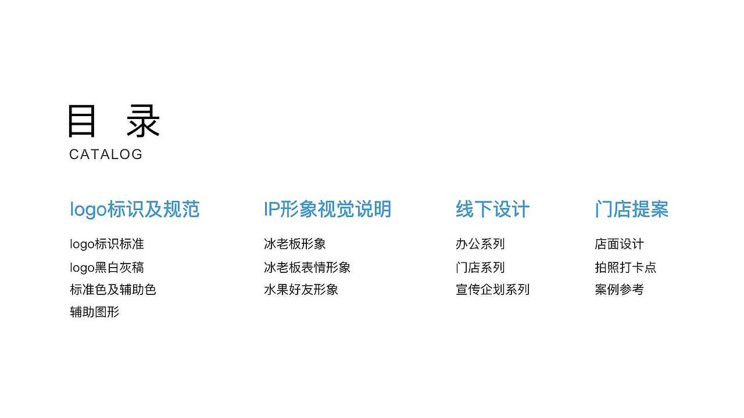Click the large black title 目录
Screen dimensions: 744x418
click(x=113, y=121)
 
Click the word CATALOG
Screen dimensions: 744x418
click(x=106, y=154)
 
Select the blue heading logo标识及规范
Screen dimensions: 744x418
click(x=134, y=210)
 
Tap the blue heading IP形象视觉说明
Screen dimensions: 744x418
click(x=327, y=210)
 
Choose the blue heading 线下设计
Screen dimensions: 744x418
click(x=492, y=210)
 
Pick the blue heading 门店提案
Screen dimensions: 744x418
click(x=631, y=210)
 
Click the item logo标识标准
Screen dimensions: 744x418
click(x=107, y=244)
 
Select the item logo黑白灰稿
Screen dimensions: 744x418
click(x=107, y=268)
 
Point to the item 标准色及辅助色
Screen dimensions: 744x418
click(x=113, y=290)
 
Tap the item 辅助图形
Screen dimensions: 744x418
click(x=94, y=312)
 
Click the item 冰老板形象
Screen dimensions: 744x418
click(x=295, y=244)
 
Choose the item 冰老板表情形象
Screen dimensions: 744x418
click(x=307, y=268)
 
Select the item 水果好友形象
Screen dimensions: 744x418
click(x=301, y=290)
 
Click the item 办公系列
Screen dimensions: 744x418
click(x=480, y=244)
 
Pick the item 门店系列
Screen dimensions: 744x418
click(x=480, y=268)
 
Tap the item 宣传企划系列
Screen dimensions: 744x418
click(x=492, y=290)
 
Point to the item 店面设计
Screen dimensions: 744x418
click(x=619, y=244)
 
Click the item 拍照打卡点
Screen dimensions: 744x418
click(x=625, y=268)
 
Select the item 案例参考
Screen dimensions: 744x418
click(x=619, y=290)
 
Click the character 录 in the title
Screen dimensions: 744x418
click(x=143, y=121)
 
